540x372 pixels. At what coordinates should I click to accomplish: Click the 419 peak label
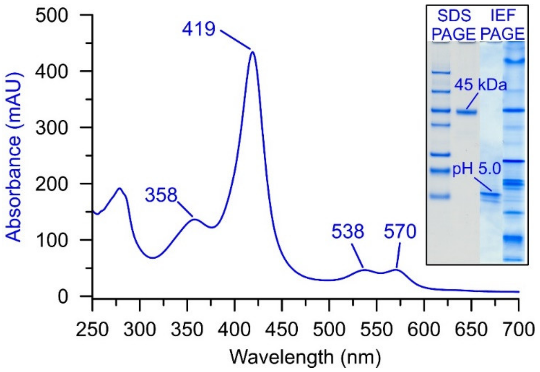pos(199,29)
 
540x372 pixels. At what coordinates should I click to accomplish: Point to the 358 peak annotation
pos(161,195)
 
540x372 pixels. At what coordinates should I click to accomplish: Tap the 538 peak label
pos(348,231)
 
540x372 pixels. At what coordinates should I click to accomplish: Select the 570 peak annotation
pos(400,231)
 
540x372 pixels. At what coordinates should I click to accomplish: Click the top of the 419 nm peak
pos(253,52)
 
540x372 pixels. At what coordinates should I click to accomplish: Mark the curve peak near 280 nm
pos(120,188)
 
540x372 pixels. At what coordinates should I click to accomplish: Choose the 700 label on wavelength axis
pos(518,330)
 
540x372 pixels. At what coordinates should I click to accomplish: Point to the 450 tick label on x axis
pos(282,330)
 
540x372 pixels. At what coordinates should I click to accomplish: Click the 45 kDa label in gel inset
pos(480,85)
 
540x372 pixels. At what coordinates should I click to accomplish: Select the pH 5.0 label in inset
pos(477,170)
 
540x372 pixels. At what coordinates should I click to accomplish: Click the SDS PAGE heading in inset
pos(454,25)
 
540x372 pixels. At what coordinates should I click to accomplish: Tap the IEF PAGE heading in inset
pos(503,25)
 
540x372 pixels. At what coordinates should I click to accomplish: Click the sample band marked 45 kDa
pos(466,112)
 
